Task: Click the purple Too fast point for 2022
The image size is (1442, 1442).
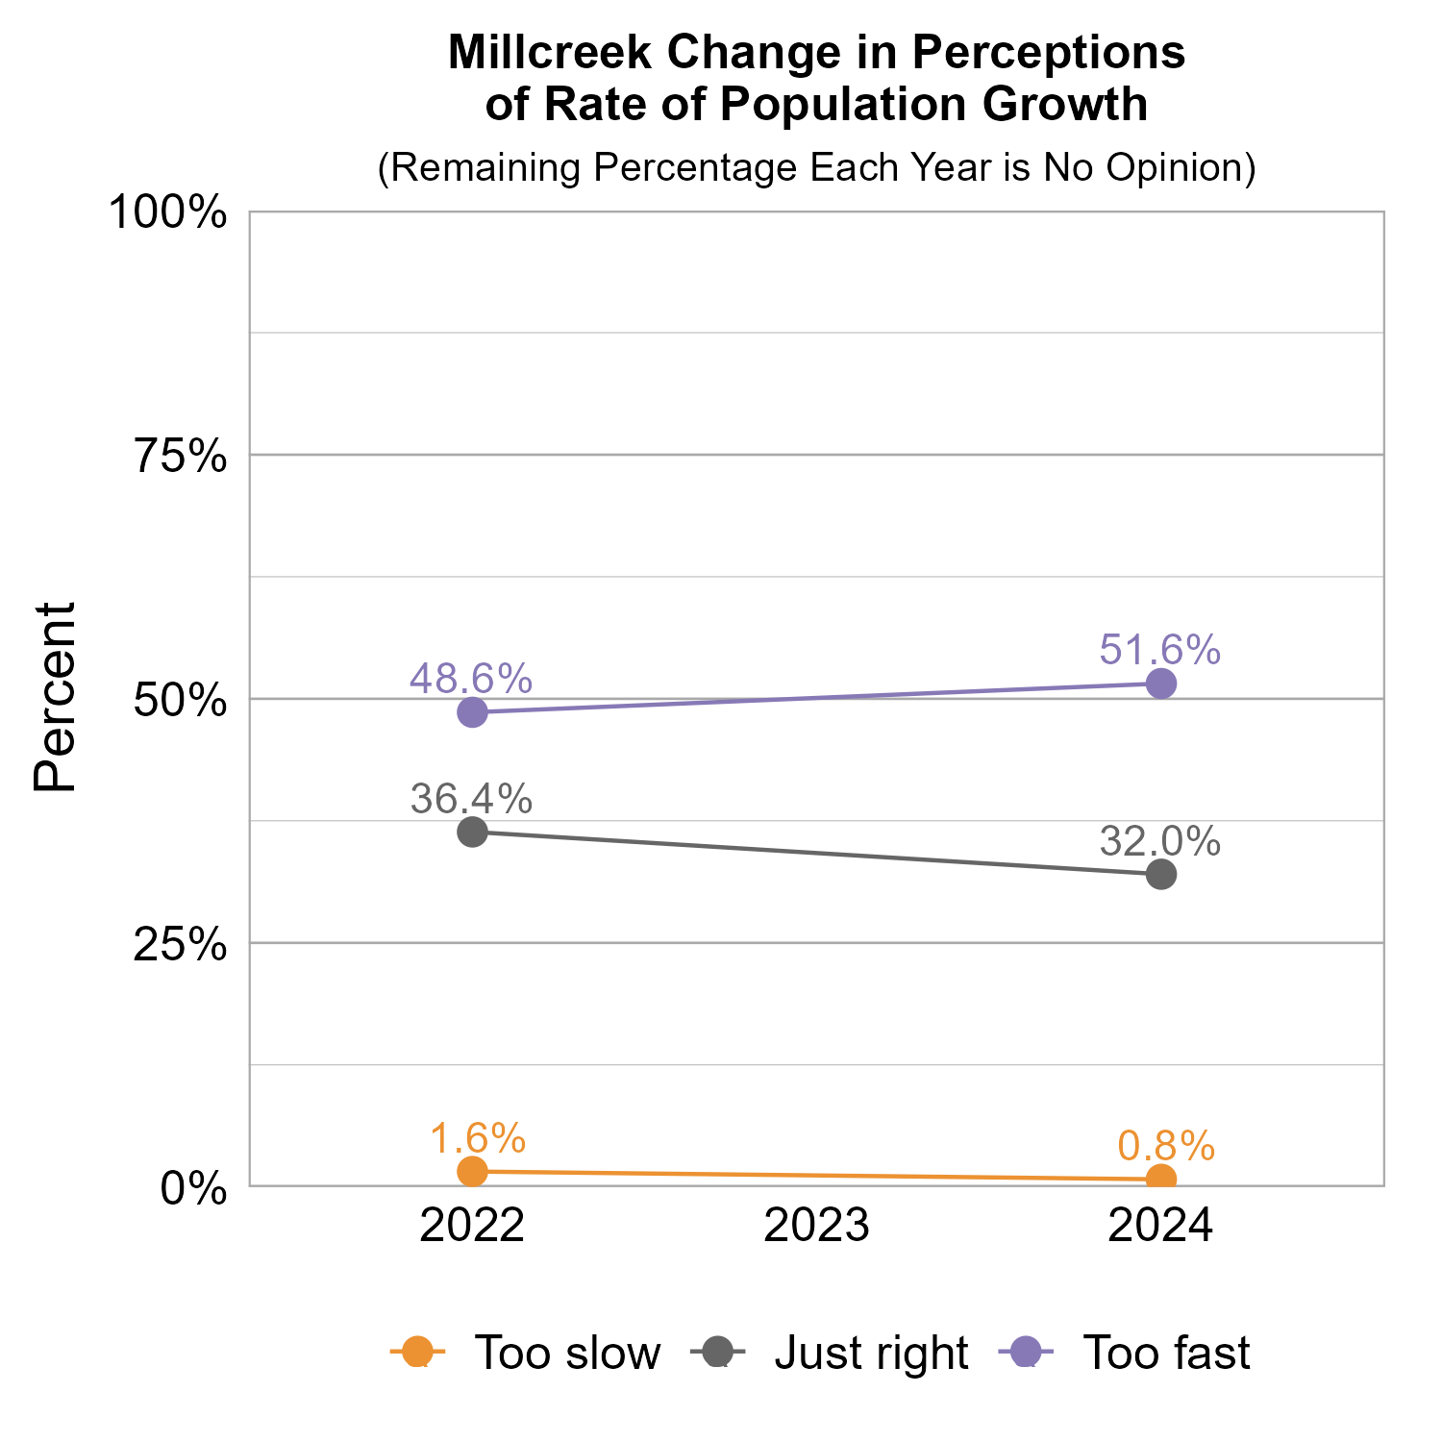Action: pos(472,712)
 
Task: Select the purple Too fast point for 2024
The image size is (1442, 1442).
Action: pos(1161,684)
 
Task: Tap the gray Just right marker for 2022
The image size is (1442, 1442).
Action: pos(472,832)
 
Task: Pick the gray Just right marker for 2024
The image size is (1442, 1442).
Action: pos(1161,875)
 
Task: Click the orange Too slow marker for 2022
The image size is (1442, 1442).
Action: pos(472,1171)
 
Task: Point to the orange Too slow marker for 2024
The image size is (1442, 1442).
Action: pos(1161,1179)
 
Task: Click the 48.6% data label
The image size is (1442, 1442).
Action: pos(471,680)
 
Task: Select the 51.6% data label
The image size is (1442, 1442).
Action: pos(1160,651)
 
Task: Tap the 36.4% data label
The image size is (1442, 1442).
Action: pos(471,799)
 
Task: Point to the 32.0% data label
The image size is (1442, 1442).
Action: pos(1160,842)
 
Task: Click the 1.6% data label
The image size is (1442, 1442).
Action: pos(477,1139)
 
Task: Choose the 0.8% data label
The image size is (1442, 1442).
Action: pos(1166,1147)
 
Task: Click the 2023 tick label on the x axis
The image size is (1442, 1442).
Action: pos(816,1228)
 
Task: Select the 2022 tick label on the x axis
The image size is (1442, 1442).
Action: pos(472,1228)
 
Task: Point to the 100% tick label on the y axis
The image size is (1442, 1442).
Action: pos(168,213)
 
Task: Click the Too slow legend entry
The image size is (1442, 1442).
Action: pos(526,1353)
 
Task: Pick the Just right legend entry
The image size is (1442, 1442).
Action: pos(831,1353)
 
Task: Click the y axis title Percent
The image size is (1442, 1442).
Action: pos(55,698)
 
